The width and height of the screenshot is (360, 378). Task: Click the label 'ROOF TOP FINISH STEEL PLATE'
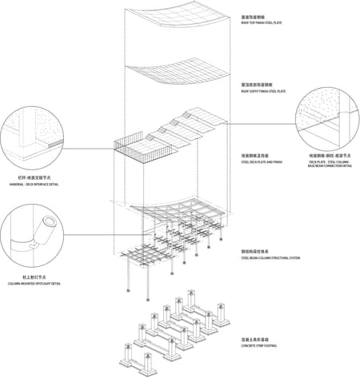[262, 22]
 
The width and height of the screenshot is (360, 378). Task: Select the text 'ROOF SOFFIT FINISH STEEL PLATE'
[264, 92]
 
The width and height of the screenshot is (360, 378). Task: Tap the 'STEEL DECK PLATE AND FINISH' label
[262, 162]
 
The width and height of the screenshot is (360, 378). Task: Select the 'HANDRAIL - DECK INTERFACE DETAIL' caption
[34, 185]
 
